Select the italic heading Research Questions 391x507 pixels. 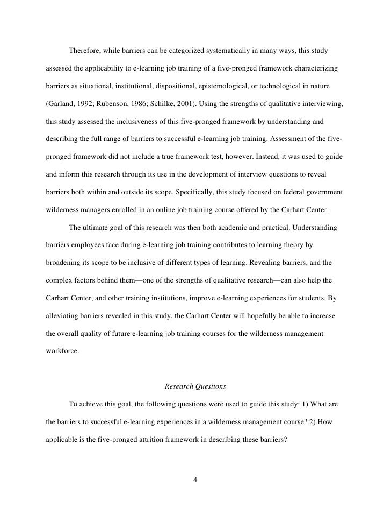click(195, 386)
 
